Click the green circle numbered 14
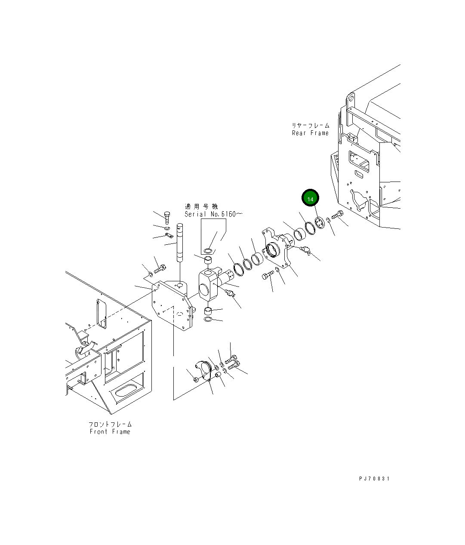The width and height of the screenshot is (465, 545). (310, 198)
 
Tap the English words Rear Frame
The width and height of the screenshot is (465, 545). (310, 133)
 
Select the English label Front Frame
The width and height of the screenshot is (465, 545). (110, 431)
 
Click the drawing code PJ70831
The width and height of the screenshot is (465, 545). (374, 478)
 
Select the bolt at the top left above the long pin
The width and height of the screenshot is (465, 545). (167, 216)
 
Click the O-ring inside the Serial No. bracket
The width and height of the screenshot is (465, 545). (208, 250)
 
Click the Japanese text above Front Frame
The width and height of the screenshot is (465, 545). (110, 425)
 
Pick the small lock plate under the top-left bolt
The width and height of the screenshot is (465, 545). (168, 235)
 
